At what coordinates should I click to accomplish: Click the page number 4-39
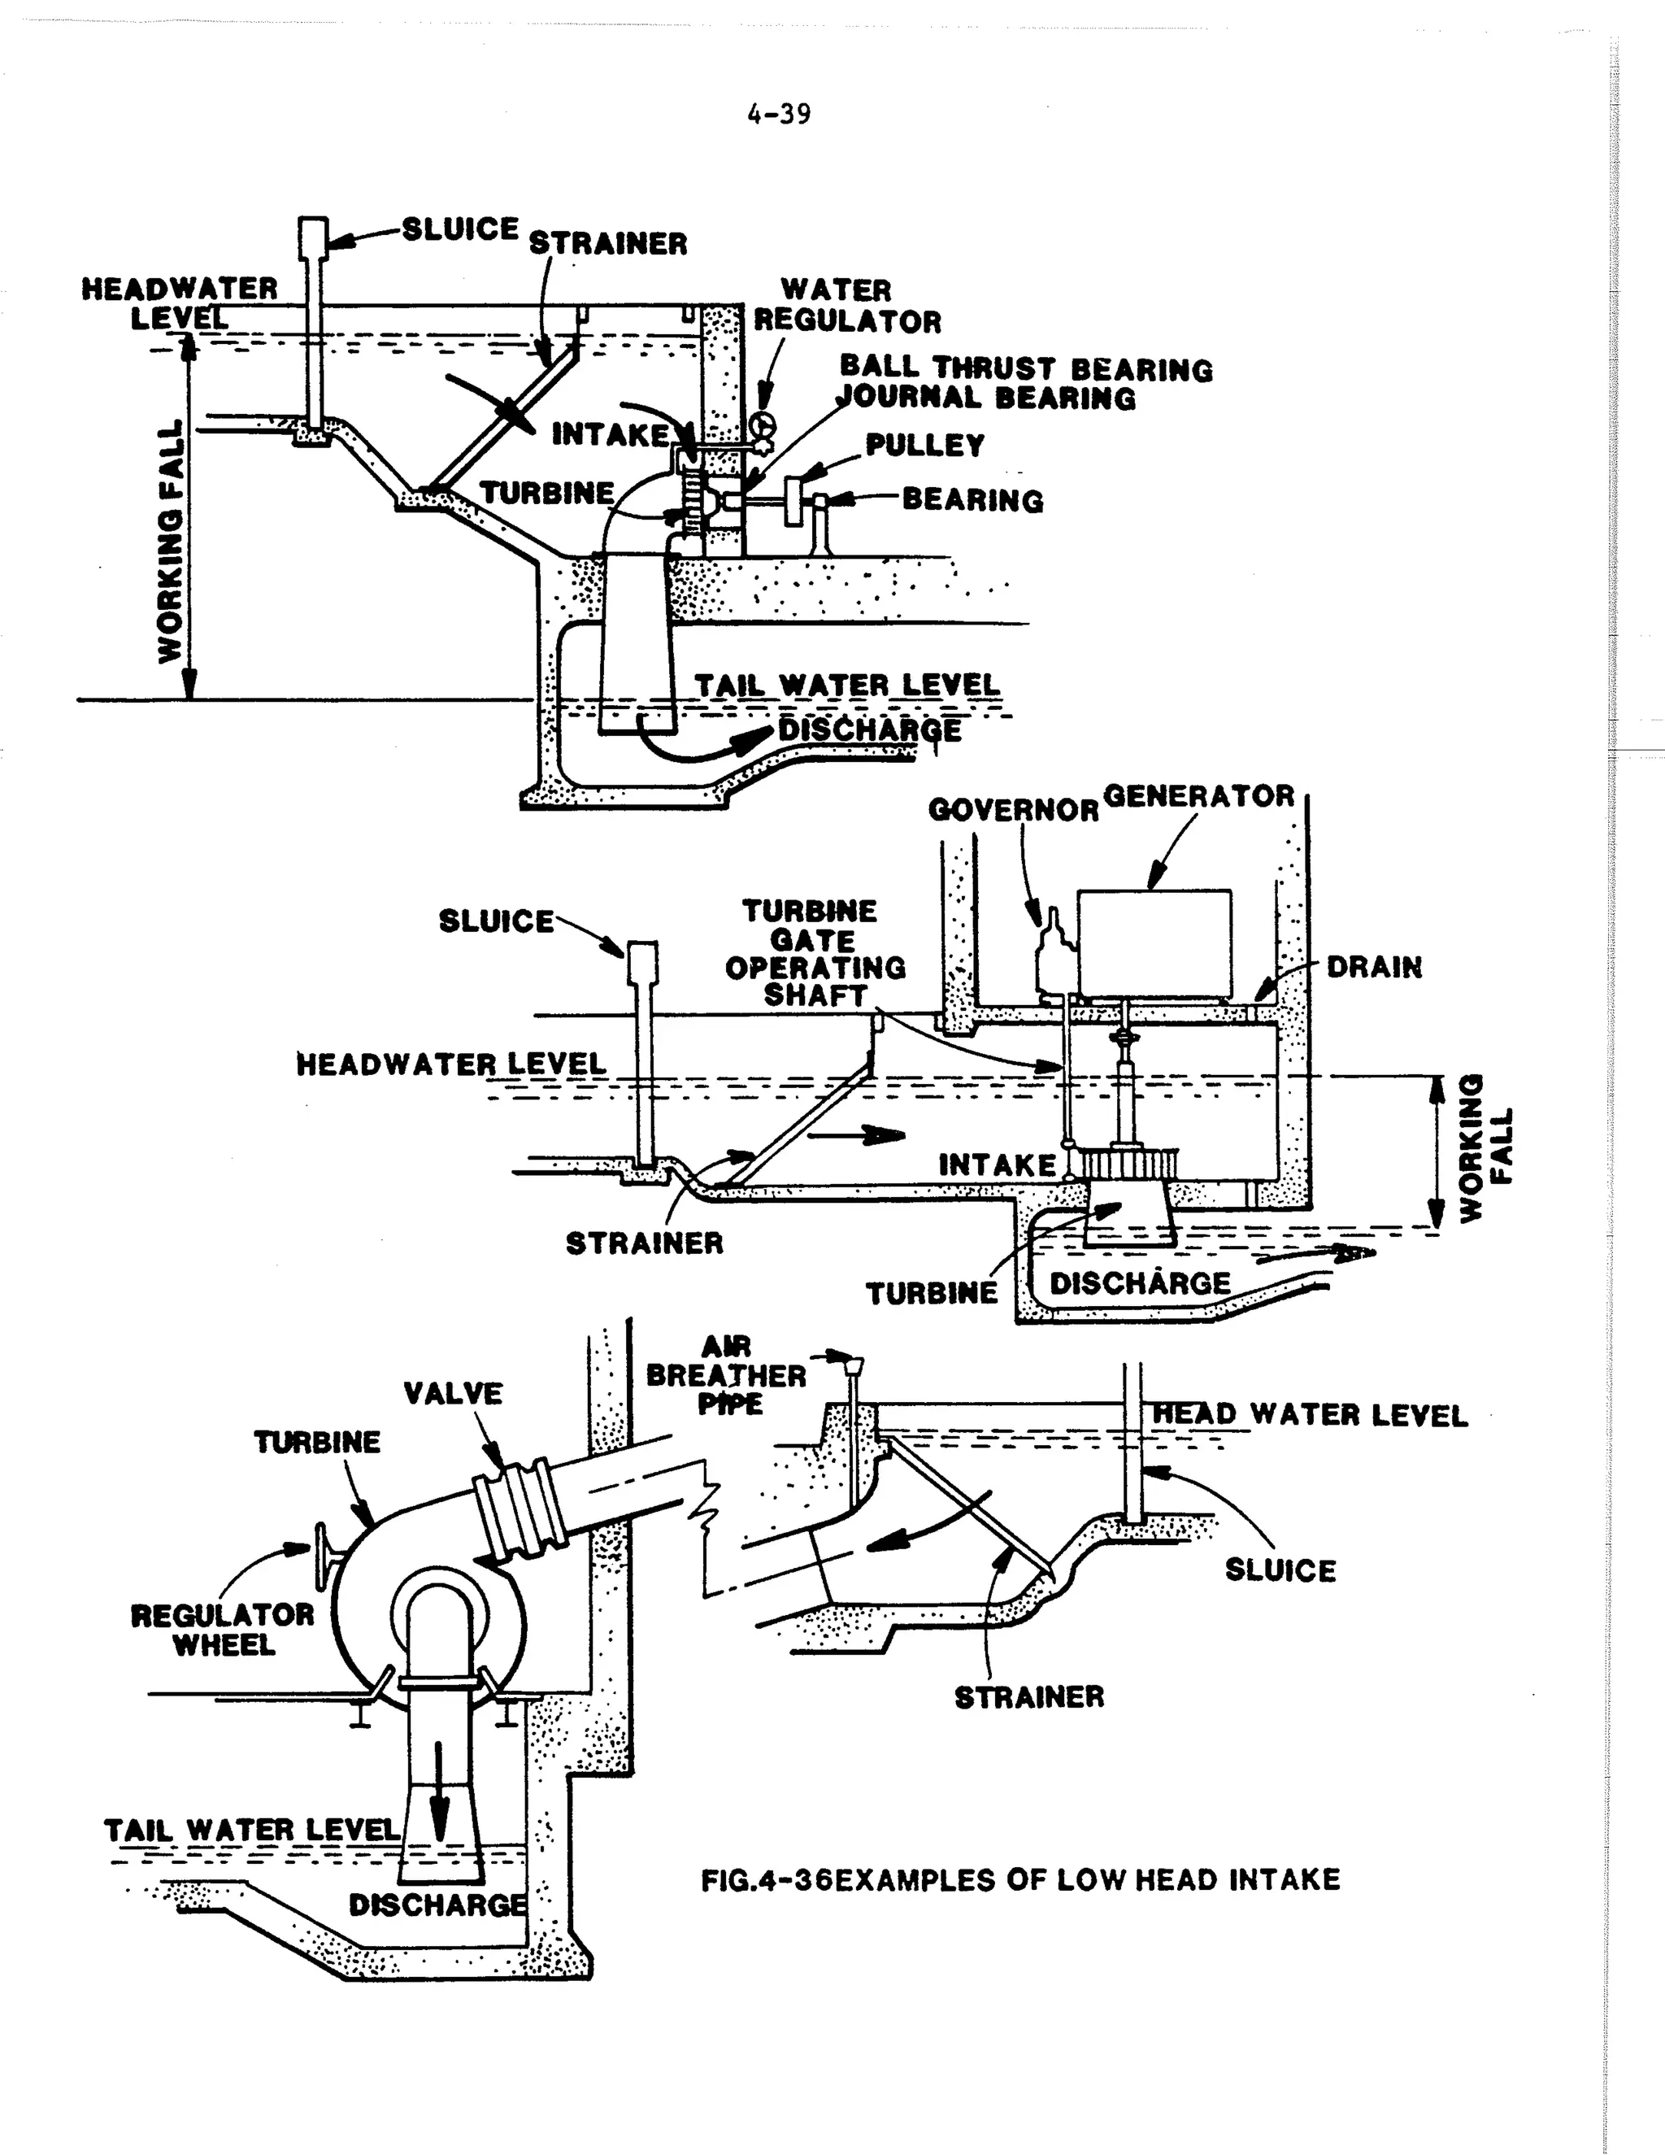coord(779,115)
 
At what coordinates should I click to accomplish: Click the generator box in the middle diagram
coord(1154,943)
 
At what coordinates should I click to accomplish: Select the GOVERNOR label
coord(1013,810)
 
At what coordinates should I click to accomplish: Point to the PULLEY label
coord(925,445)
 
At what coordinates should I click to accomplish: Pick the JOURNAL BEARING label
coord(986,398)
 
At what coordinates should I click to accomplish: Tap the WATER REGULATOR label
coord(847,306)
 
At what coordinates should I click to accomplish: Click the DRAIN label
coord(1374,967)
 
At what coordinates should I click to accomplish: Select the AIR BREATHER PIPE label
coord(727,1375)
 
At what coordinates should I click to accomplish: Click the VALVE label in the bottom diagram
coord(453,1393)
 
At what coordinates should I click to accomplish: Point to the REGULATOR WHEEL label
coord(223,1630)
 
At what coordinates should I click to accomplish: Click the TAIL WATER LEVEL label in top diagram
coord(847,685)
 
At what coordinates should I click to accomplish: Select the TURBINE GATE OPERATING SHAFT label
coord(815,953)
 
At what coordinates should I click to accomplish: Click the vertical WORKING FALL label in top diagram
coord(171,542)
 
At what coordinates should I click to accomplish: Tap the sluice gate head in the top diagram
coord(314,237)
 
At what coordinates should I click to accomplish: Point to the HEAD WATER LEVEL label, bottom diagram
coord(1311,1415)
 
